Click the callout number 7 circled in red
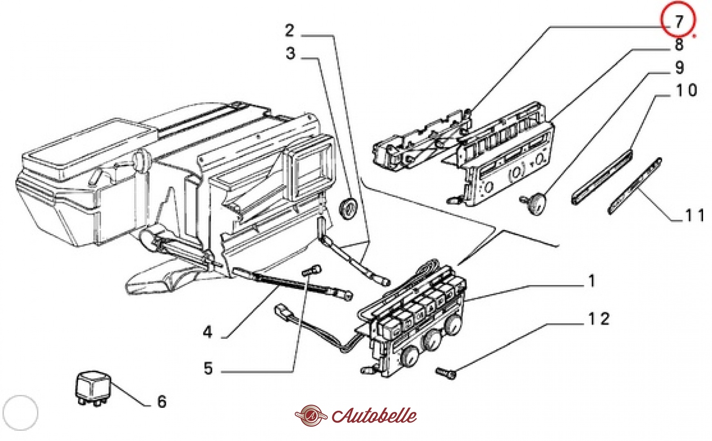(x=678, y=21)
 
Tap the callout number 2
(x=289, y=31)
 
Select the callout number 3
(x=290, y=53)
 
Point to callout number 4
(x=208, y=332)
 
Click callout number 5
(x=208, y=368)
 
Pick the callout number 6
(x=162, y=402)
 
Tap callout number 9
(x=679, y=68)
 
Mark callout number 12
(x=599, y=319)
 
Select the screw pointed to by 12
(x=446, y=373)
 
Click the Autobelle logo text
(x=374, y=416)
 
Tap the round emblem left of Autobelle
(x=311, y=416)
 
